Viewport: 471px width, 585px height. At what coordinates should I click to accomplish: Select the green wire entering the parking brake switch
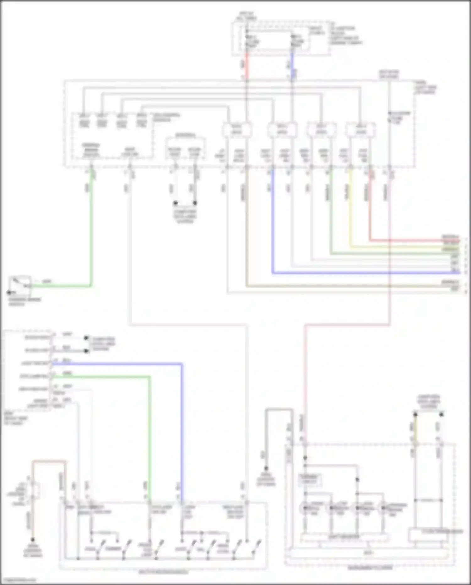(63, 286)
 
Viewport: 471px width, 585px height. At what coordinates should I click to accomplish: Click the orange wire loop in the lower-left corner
(49, 461)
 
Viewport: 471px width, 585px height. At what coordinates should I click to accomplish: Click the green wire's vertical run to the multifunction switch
(150, 434)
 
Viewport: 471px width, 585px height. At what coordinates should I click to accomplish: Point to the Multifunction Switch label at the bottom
(163, 572)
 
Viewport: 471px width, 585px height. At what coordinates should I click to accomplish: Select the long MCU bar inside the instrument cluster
(369, 552)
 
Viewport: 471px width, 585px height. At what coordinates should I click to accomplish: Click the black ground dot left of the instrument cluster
(266, 468)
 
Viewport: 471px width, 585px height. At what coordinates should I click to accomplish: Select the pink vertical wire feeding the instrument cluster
(305, 377)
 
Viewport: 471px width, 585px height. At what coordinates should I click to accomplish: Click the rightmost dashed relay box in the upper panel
(361, 130)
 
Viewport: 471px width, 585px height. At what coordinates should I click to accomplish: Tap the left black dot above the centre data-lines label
(176, 203)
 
